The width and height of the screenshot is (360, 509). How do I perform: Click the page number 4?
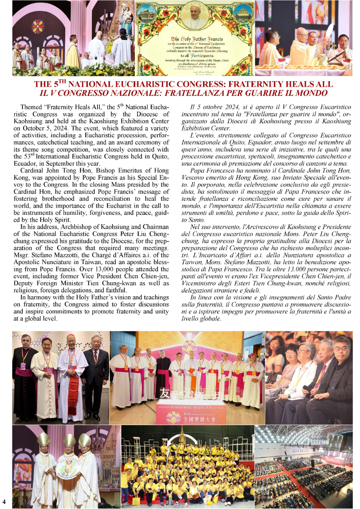(4, 501)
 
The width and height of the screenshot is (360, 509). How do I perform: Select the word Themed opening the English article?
(31, 108)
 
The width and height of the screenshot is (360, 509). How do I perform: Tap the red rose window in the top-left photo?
(38, 26)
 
